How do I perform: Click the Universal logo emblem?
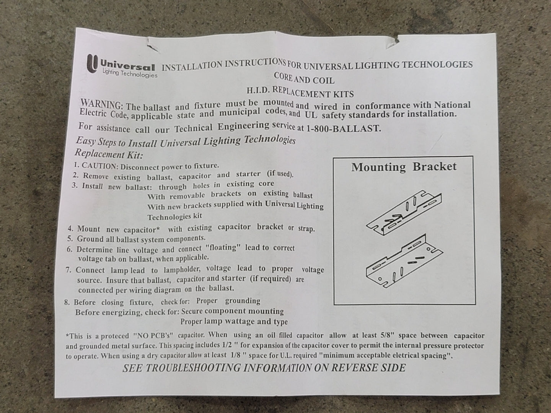tap(92, 64)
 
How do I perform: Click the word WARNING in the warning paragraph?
tap(101, 104)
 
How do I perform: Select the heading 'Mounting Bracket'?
tap(404, 167)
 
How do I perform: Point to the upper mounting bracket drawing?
tap(404, 213)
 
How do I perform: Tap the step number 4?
tap(70, 229)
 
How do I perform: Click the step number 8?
tap(67, 302)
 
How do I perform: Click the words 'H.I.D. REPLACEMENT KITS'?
tap(300, 92)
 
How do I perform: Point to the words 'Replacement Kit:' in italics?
tap(109, 154)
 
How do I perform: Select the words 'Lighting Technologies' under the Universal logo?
tap(130, 73)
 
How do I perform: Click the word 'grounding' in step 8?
tap(243, 301)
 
